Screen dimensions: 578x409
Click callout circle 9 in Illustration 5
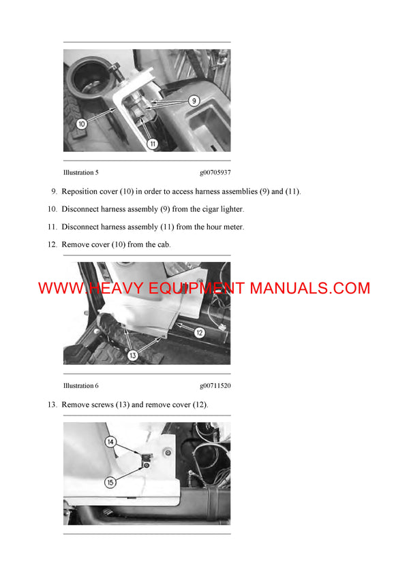(x=194, y=101)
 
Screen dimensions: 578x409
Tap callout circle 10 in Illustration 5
(x=82, y=124)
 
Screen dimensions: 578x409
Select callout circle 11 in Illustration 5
(x=153, y=144)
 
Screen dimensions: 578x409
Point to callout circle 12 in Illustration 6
(x=199, y=333)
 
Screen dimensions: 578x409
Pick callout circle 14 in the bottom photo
(x=110, y=442)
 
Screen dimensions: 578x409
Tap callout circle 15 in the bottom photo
(x=110, y=482)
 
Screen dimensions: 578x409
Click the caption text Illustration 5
(x=85, y=173)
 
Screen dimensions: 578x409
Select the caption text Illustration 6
(x=85, y=385)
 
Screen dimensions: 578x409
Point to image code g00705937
(x=215, y=173)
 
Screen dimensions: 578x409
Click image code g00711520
(x=215, y=385)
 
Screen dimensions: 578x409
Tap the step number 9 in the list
(x=54, y=191)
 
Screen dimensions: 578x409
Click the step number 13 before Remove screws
(x=52, y=404)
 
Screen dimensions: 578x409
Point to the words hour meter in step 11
(x=222, y=227)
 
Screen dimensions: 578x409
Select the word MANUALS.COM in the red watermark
(x=309, y=288)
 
